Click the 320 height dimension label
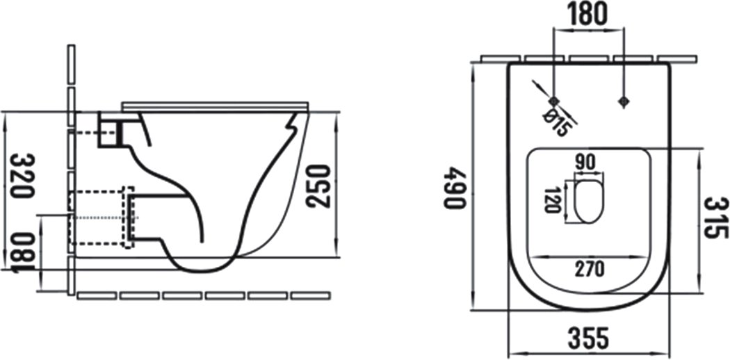coord(22,175)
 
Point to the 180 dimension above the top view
coord(588,13)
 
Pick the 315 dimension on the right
coord(716,218)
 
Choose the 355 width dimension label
coord(588,338)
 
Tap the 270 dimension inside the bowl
coord(588,268)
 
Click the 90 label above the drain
coord(586,163)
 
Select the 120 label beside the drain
coord(553,199)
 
